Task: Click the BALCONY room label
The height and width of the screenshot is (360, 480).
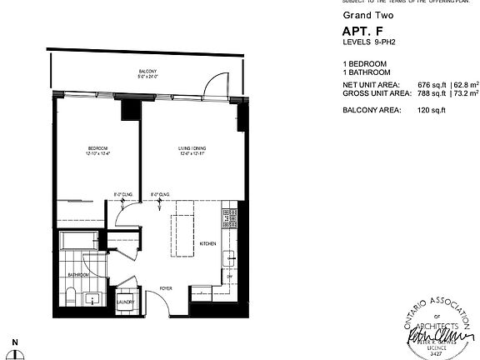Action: point(147,72)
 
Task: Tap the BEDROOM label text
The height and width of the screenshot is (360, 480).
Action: point(98,149)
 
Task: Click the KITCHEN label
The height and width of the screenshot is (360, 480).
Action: point(208,243)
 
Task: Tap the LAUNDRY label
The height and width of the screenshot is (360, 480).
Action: point(126,302)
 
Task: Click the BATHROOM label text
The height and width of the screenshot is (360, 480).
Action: point(79,274)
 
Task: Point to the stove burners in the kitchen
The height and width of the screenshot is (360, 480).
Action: point(225,218)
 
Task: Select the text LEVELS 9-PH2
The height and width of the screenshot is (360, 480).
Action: point(371,44)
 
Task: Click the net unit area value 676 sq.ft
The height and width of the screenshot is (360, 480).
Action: point(431,85)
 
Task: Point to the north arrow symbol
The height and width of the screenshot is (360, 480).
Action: point(15,351)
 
